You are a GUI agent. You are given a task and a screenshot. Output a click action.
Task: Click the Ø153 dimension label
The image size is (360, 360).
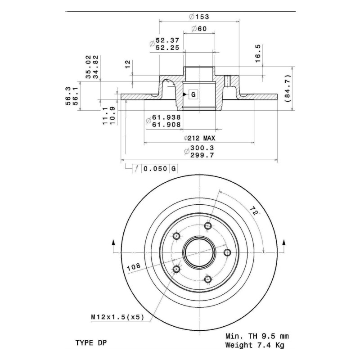(199, 17)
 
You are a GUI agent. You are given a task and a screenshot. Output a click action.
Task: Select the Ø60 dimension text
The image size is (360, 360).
(199, 29)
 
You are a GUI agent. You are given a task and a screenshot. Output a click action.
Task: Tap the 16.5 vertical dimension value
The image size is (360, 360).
(258, 54)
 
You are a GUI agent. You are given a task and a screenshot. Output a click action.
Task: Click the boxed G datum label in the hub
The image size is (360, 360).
(193, 94)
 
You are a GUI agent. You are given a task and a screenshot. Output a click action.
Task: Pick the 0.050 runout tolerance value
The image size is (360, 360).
(155, 169)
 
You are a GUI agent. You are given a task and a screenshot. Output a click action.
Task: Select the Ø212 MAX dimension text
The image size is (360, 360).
(199, 138)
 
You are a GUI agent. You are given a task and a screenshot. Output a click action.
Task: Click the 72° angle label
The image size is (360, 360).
(254, 211)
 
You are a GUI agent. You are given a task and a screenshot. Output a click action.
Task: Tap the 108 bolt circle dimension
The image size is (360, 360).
(134, 267)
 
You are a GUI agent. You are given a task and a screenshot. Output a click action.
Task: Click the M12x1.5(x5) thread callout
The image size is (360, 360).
(117, 317)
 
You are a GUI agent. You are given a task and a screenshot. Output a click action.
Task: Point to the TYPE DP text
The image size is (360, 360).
(91, 343)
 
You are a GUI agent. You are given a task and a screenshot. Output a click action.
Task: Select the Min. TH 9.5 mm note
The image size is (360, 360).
(257, 336)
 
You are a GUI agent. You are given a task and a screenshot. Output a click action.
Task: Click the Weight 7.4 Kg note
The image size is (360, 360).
(255, 345)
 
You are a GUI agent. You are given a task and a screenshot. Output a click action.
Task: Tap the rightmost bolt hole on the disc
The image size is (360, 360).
(227, 253)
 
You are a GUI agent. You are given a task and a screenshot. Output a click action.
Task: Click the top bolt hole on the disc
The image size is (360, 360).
(208, 226)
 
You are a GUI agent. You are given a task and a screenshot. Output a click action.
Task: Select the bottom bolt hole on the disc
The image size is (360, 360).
(208, 279)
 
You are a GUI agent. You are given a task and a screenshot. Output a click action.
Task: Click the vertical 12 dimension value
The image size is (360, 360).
(128, 64)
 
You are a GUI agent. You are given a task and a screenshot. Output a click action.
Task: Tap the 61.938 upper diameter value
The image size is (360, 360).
(166, 117)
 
